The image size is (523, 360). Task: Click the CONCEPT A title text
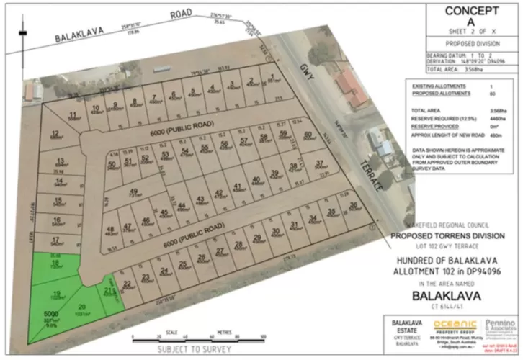click(471, 17)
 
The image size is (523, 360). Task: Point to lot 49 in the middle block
click(133, 192)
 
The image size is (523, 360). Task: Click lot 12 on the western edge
click(55, 133)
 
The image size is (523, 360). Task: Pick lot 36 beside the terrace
click(353, 207)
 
